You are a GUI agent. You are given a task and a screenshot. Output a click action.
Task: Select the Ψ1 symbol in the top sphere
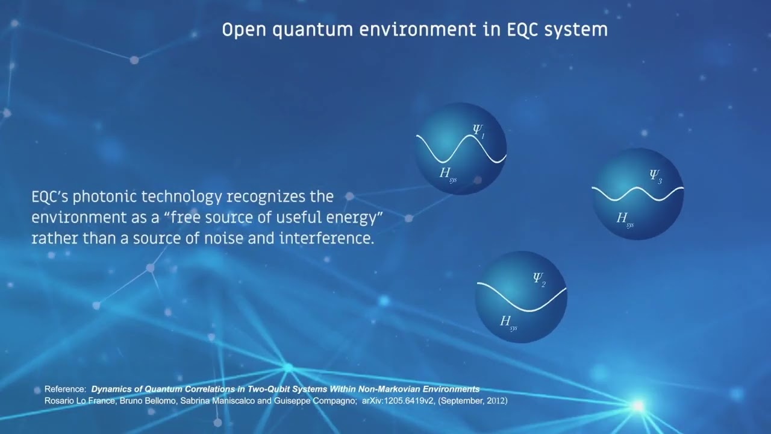point(479,130)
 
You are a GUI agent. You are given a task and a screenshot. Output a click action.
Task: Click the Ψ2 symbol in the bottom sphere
point(538,279)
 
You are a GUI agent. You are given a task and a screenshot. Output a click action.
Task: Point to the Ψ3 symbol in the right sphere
point(655,176)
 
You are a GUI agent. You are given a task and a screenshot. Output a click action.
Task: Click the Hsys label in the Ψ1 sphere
point(448,175)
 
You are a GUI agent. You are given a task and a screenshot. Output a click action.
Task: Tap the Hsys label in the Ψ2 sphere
point(508,322)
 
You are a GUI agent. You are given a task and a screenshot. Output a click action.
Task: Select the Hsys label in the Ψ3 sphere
point(625,219)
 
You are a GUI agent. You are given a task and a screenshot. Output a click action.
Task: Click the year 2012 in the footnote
point(497,400)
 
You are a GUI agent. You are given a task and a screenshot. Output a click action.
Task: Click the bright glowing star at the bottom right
point(637,406)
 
